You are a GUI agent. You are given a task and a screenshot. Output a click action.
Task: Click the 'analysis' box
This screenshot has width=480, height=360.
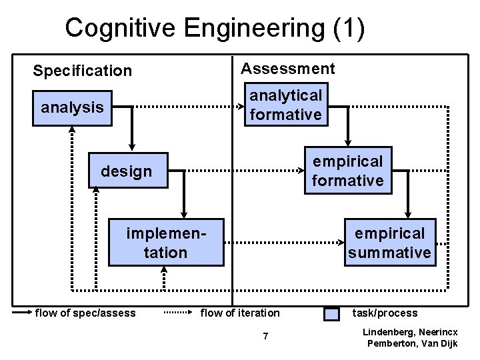72,107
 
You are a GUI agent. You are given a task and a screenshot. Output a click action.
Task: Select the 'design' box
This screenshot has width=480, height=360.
127,171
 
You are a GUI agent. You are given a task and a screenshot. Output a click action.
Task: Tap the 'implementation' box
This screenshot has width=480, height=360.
166,243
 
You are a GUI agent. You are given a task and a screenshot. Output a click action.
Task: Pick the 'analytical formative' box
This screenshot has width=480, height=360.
285,105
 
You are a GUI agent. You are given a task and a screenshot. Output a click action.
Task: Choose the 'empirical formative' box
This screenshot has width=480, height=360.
348,171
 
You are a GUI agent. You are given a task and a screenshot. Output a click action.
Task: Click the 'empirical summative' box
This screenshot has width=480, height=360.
389,243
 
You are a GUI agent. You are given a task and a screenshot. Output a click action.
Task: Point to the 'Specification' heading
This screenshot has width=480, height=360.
83,70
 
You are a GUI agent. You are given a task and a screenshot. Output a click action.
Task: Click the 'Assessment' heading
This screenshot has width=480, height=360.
288,68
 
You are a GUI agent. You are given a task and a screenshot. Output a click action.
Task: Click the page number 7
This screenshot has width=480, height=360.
265,336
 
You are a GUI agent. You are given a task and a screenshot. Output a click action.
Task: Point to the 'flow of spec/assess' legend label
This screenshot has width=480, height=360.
85,313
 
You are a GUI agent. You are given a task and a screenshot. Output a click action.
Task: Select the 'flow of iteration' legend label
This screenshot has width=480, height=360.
240,313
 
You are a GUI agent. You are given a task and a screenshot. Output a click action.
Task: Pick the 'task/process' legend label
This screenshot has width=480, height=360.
385,313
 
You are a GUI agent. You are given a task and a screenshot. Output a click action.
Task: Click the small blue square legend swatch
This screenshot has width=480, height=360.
331,313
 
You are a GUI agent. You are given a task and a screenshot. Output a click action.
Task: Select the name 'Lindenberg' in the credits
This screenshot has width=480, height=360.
388,331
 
